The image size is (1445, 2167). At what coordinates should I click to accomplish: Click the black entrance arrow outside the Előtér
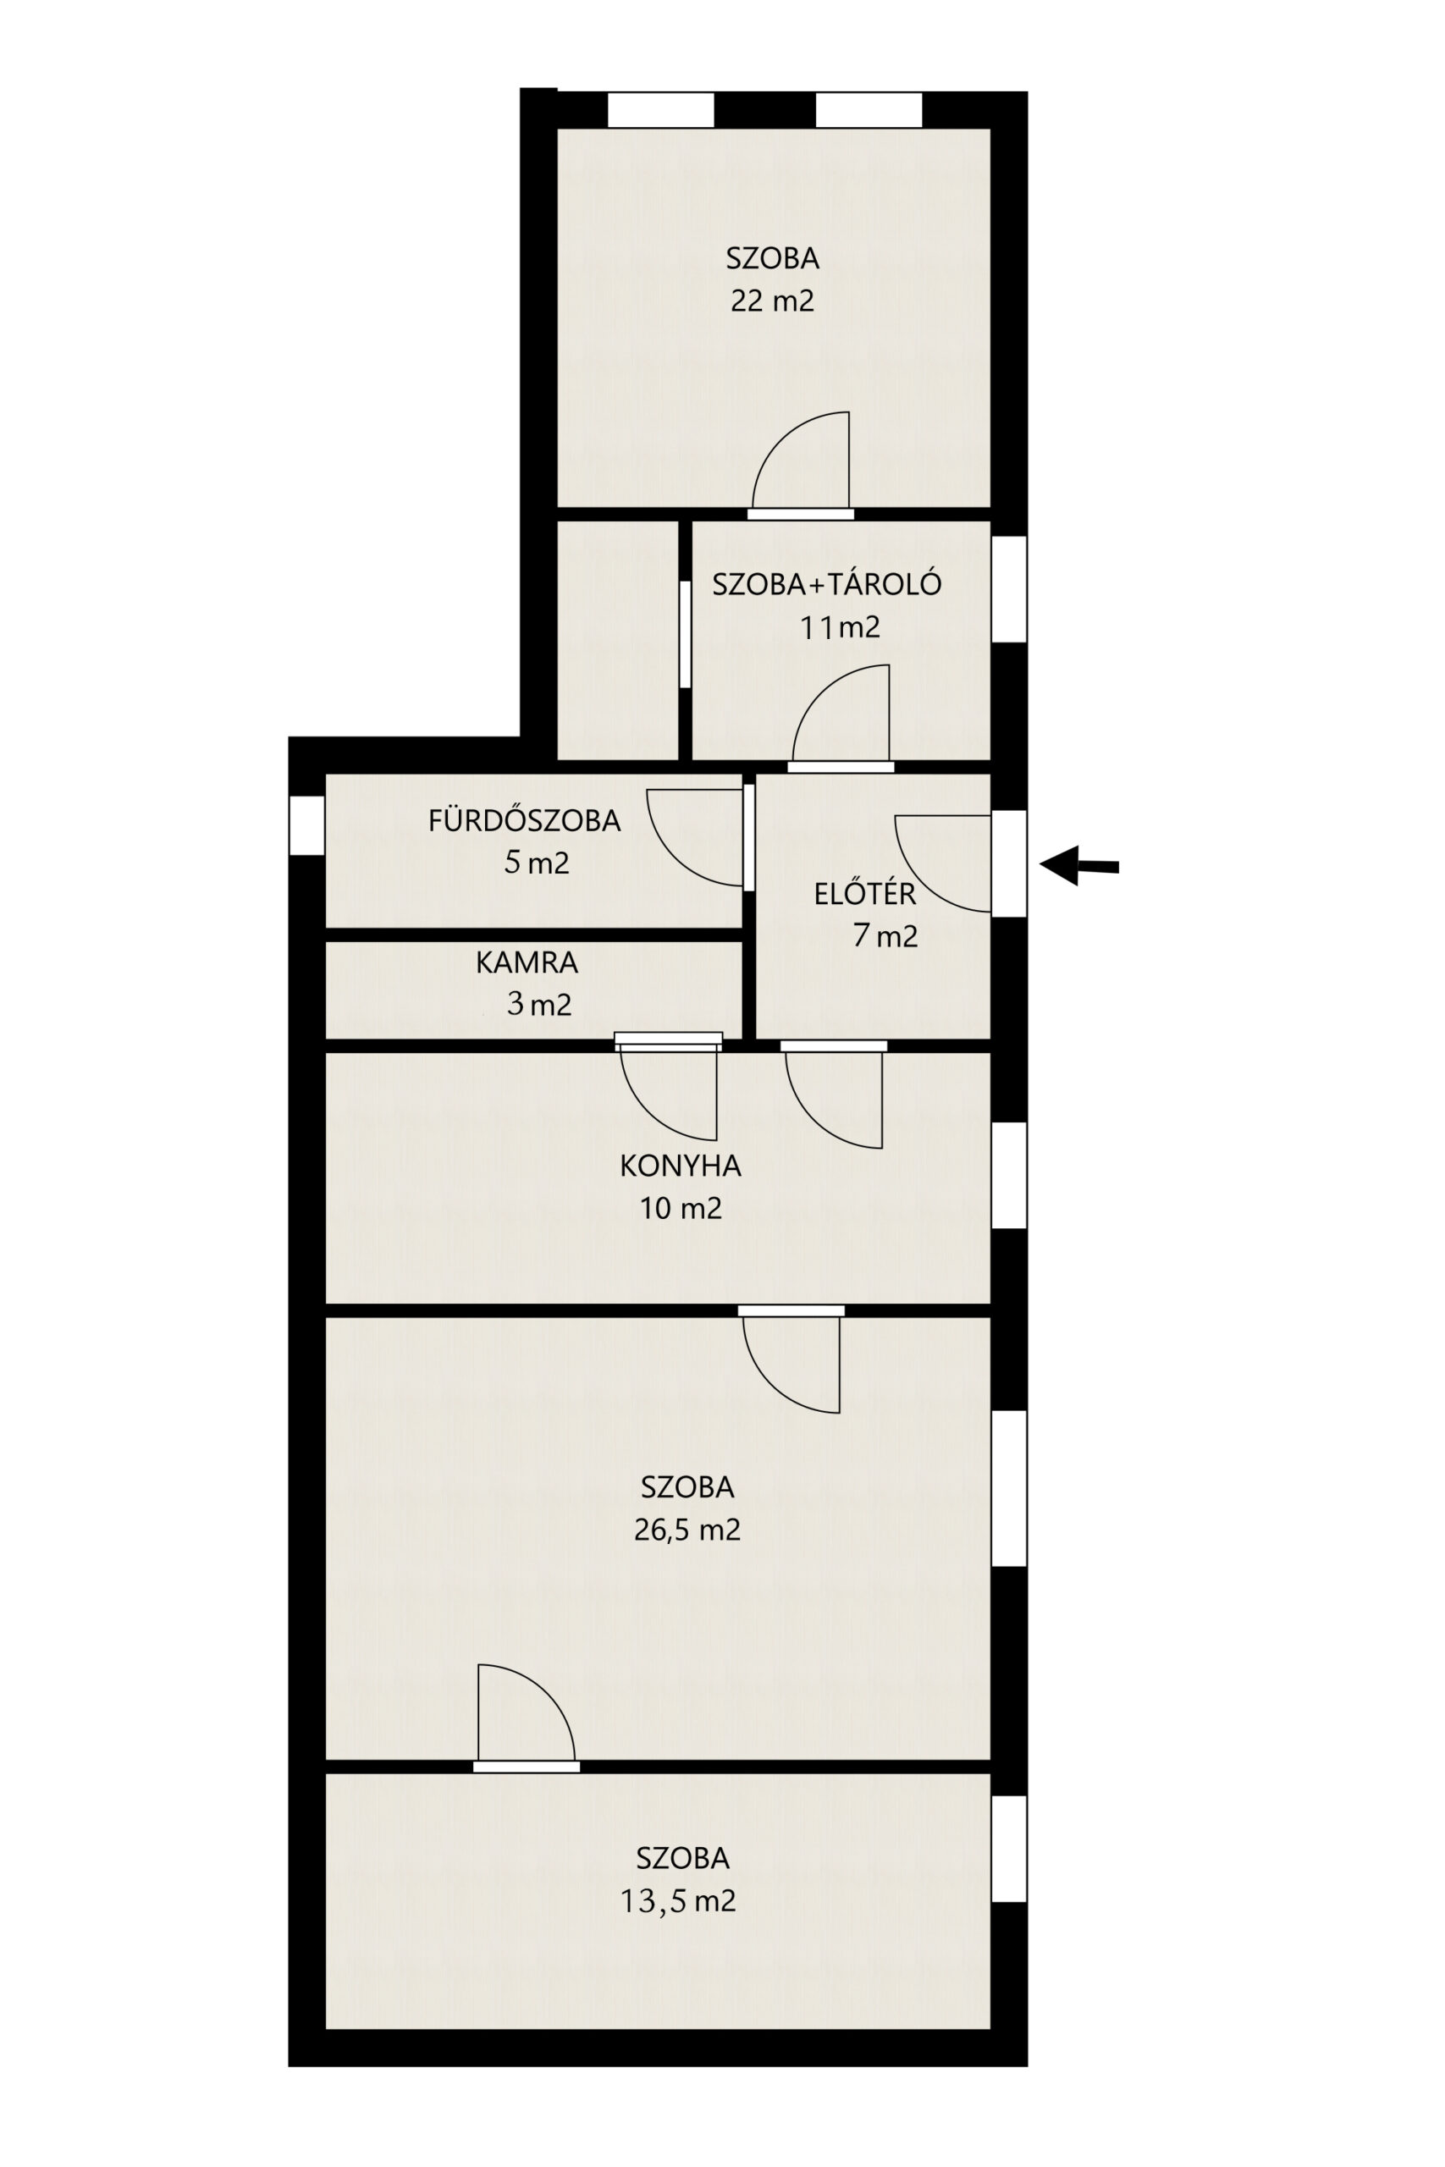pyautogui.click(x=1078, y=865)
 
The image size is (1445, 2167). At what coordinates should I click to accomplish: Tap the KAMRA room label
pyautogui.click(x=527, y=962)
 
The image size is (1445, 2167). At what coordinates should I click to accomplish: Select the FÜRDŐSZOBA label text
pyautogui.click(x=524, y=820)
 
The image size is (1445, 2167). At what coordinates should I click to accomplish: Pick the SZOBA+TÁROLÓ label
pyautogui.click(x=827, y=584)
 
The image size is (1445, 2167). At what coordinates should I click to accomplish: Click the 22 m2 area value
pyautogui.click(x=772, y=301)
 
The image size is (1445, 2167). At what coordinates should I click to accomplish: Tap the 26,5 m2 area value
pyautogui.click(x=687, y=1530)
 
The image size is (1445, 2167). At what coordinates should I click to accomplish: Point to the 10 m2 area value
pyautogui.click(x=681, y=1208)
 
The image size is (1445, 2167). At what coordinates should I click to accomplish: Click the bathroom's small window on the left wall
pyautogui.click(x=307, y=825)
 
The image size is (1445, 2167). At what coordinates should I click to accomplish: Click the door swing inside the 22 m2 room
pyautogui.click(x=800, y=460)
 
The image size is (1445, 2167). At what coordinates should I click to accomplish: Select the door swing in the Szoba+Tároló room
pyautogui.click(x=841, y=713)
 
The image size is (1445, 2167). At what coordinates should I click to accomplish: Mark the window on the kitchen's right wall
pyautogui.click(x=1009, y=1175)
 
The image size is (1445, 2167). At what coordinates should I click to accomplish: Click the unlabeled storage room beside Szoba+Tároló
pyautogui.click(x=617, y=640)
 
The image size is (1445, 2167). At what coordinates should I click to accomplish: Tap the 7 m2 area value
pyautogui.click(x=885, y=935)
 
